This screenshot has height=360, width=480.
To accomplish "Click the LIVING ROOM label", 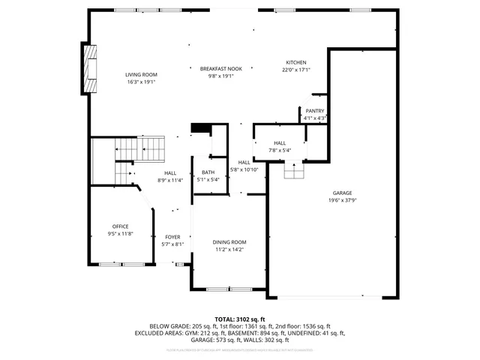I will pos(140,75).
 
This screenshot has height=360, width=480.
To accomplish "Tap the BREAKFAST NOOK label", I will pos(221,68).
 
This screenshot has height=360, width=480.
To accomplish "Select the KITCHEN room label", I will pos(295,62).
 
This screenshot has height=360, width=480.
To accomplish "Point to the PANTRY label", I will pos(315,111).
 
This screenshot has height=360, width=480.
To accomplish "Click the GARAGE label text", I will pos(341,193).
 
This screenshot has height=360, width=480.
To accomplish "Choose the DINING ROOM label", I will pos(229,242).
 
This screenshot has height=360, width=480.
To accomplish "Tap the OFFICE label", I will pos(120,226).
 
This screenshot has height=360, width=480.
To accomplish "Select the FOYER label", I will pos(172,237).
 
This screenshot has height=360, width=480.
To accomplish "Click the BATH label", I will pos(208,172).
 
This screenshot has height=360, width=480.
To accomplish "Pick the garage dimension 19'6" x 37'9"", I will pos(341,200).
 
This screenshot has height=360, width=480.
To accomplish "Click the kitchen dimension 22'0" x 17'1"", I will pos(295,70).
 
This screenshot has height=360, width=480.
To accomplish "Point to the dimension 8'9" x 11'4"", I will pos(170,180).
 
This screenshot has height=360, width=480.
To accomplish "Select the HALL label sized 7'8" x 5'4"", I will pos(280,142).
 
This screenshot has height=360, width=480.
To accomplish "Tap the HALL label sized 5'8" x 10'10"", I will pos(244,162).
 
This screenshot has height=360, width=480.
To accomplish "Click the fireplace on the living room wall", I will pos(91,69).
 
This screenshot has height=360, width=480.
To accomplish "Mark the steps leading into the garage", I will pos(294,172).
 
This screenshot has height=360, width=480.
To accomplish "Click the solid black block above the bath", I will pos(200,128).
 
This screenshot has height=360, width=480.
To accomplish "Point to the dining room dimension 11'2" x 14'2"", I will pos(229,250).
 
